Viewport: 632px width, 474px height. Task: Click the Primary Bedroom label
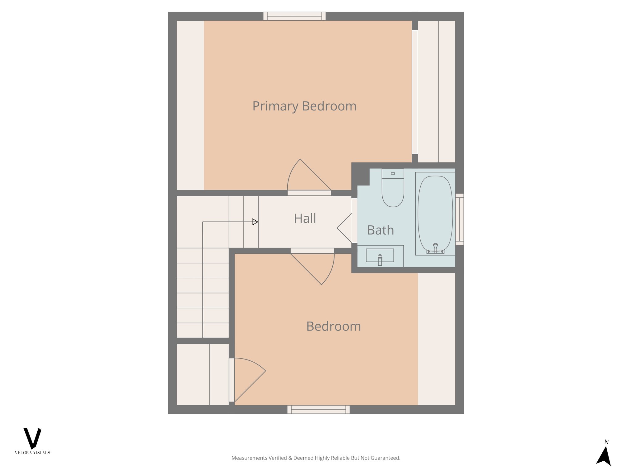pos(304,106)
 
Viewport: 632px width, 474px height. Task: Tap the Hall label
pos(305,218)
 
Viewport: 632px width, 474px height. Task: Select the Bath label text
pos(380,230)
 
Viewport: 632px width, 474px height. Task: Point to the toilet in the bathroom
pos(393,191)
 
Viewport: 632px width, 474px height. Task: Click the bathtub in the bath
pos(435,213)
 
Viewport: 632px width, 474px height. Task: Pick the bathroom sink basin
pos(380,255)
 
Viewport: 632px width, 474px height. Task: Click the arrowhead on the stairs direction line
pos(255,222)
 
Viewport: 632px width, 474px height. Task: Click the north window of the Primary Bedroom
pos(294,16)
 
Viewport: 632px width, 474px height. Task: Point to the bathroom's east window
pos(459,219)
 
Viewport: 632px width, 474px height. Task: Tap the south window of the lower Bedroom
pos(318,410)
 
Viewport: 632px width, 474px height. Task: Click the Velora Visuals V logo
pos(32,438)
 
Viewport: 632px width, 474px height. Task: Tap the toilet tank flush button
pos(393,173)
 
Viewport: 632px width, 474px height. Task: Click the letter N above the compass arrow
pos(606,442)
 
